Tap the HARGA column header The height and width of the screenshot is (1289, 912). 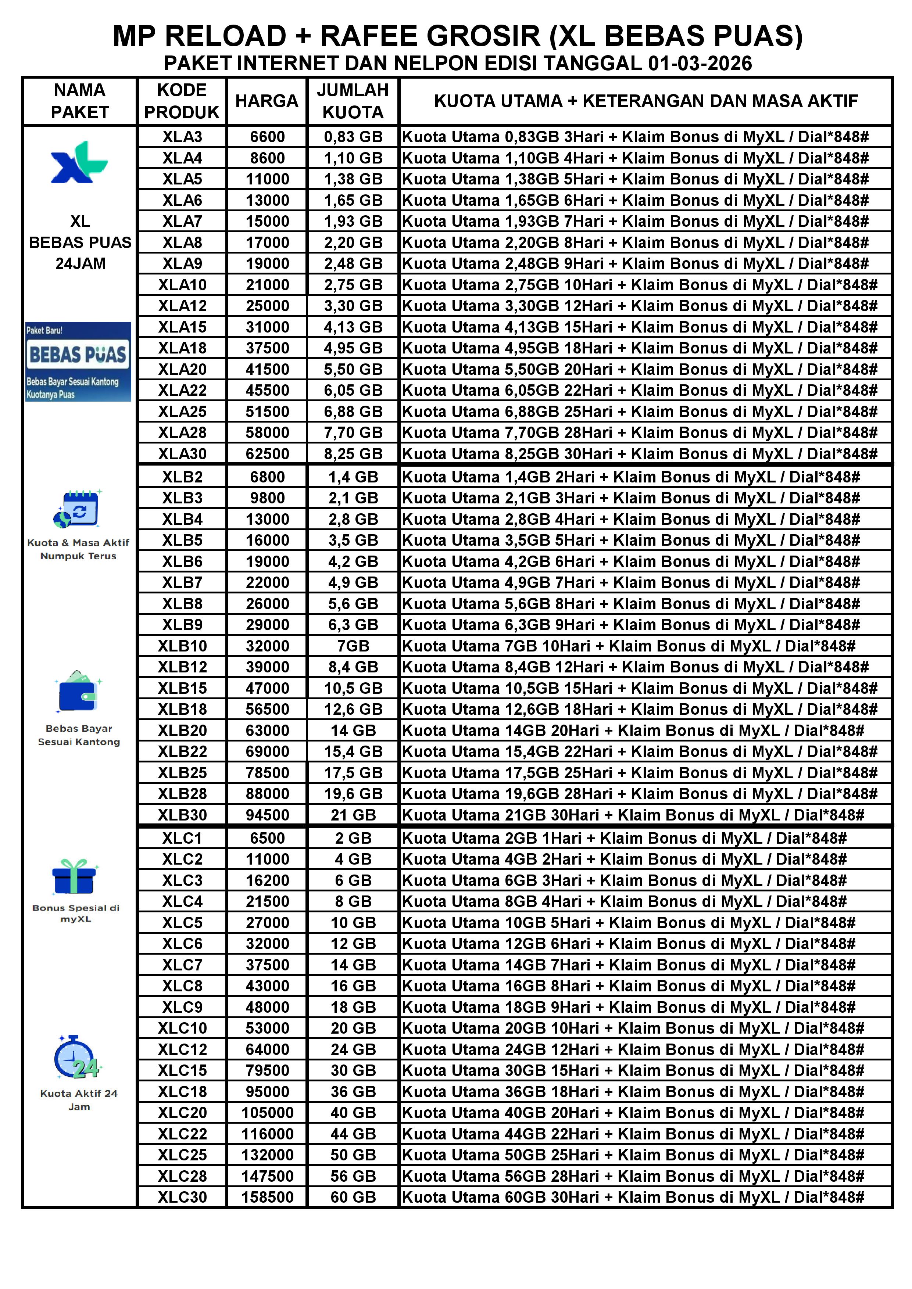click(267, 101)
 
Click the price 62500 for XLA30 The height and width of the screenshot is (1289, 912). click(267, 454)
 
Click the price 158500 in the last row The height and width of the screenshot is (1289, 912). click(267, 1197)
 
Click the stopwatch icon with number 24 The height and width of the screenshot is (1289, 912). click(78, 1058)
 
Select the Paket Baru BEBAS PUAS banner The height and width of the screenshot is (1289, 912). click(78, 362)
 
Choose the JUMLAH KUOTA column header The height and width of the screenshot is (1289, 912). click(353, 101)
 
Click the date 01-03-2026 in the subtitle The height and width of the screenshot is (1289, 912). click(700, 64)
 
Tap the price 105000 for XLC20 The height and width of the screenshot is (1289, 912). click(267, 1113)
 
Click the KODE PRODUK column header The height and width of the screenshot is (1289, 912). click(182, 101)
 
